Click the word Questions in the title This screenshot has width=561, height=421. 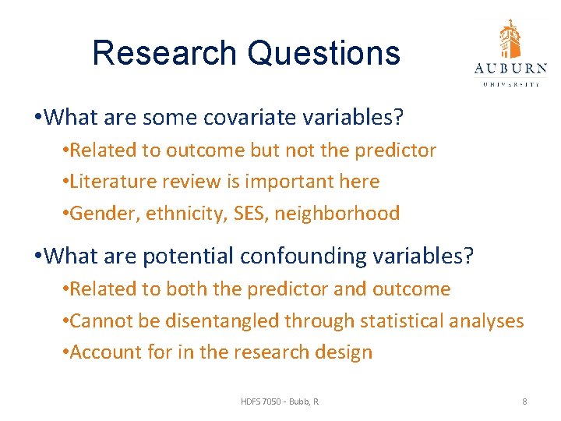[324, 53]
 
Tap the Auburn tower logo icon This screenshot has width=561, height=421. [510, 39]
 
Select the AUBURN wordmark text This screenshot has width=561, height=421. [510, 69]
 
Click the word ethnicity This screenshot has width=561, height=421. [178, 214]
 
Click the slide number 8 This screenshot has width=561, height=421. [524, 402]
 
